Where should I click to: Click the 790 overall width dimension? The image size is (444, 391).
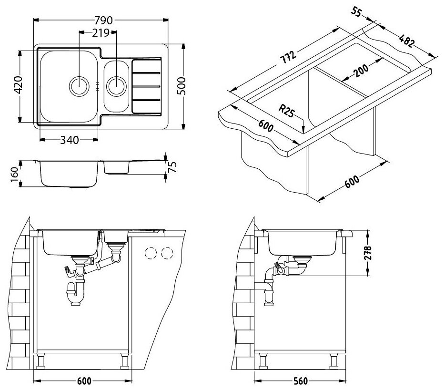(x=102, y=20)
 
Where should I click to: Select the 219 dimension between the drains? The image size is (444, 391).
(x=101, y=32)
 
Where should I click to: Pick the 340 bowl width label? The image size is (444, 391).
(x=70, y=140)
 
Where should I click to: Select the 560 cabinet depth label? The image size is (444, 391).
(x=300, y=381)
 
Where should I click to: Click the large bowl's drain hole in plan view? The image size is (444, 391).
(x=79, y=86)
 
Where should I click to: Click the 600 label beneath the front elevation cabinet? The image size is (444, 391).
(x=83, y=381)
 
